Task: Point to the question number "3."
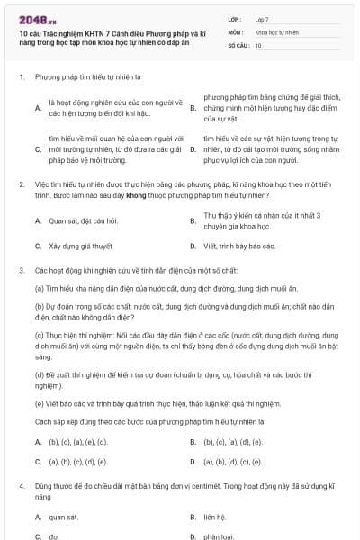(21, 269)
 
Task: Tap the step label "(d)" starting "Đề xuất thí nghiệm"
(40, 373)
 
